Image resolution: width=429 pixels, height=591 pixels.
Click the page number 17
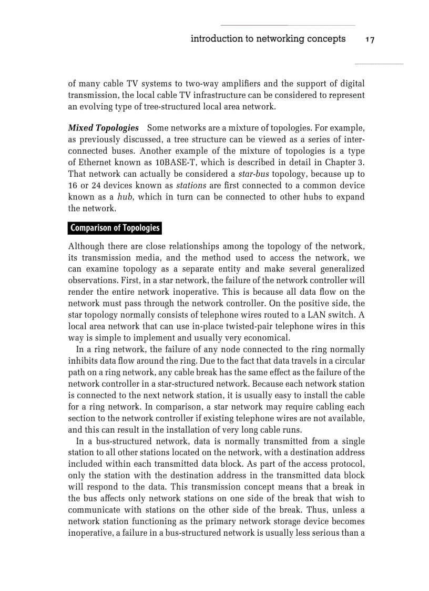point(370,39)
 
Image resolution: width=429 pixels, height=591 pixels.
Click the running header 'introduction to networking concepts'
point(268,39)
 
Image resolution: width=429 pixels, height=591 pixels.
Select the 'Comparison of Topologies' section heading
point(115,228)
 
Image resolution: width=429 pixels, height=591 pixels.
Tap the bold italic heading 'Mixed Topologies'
point(104,128)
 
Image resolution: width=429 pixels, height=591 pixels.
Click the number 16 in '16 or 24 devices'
point(73,186)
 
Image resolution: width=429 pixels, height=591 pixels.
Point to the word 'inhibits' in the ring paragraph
point(83,360)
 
